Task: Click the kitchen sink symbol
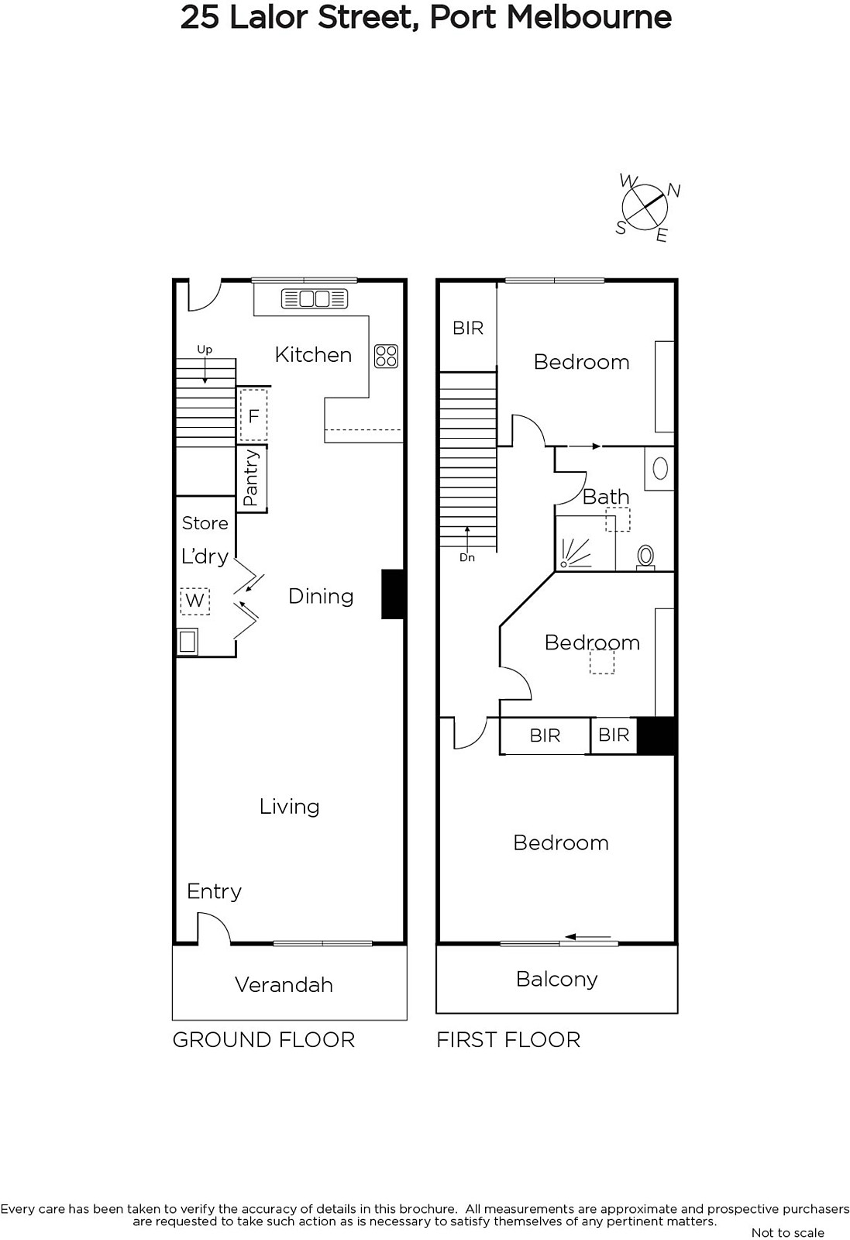click(315, 299)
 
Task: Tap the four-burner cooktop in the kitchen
click(387, 356)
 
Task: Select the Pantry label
click(251, 477)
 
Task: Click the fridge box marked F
click(253, 415)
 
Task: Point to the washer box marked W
click(194, 601)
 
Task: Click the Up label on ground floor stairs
click(205, 350)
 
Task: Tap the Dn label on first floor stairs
click(467, 557)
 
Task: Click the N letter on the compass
click(673, 191)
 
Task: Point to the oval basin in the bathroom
click(659, 469)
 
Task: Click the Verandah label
click(284, 985)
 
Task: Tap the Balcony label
click(556, 980)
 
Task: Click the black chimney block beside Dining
click(394, 594)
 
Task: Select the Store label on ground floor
click(205, 523)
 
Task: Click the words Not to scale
click(787, 1233)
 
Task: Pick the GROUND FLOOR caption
click(263, 1039)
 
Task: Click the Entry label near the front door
click(214, 892)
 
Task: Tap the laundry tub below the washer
click(188, 642)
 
